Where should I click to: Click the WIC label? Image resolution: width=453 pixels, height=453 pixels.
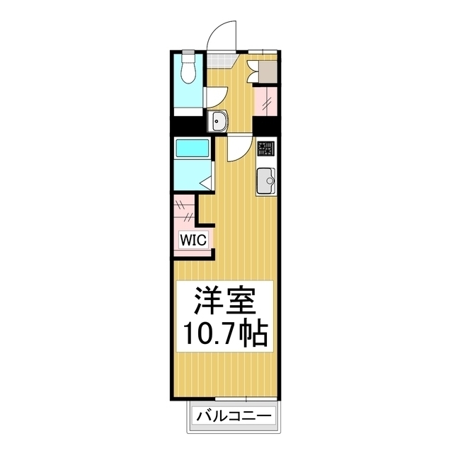tap(193, 240)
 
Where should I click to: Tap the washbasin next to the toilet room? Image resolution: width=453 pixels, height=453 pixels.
tap(218, 122)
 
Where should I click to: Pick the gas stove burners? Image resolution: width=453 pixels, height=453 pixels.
tap(266, 149)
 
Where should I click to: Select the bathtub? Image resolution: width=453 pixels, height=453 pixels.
tap(192, 149)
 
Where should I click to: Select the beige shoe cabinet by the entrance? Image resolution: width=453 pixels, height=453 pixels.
tap(270, 69)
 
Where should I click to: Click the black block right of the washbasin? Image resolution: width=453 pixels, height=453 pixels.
tap(265, 125)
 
